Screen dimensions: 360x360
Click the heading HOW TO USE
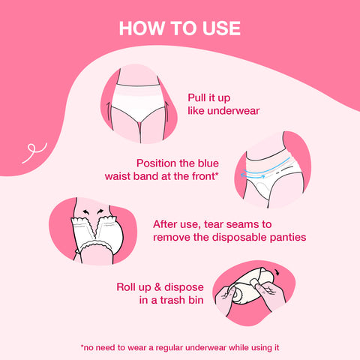coord(180,28)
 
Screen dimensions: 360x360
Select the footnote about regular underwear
coord(180,346)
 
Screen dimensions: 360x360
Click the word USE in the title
coord(219,28)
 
